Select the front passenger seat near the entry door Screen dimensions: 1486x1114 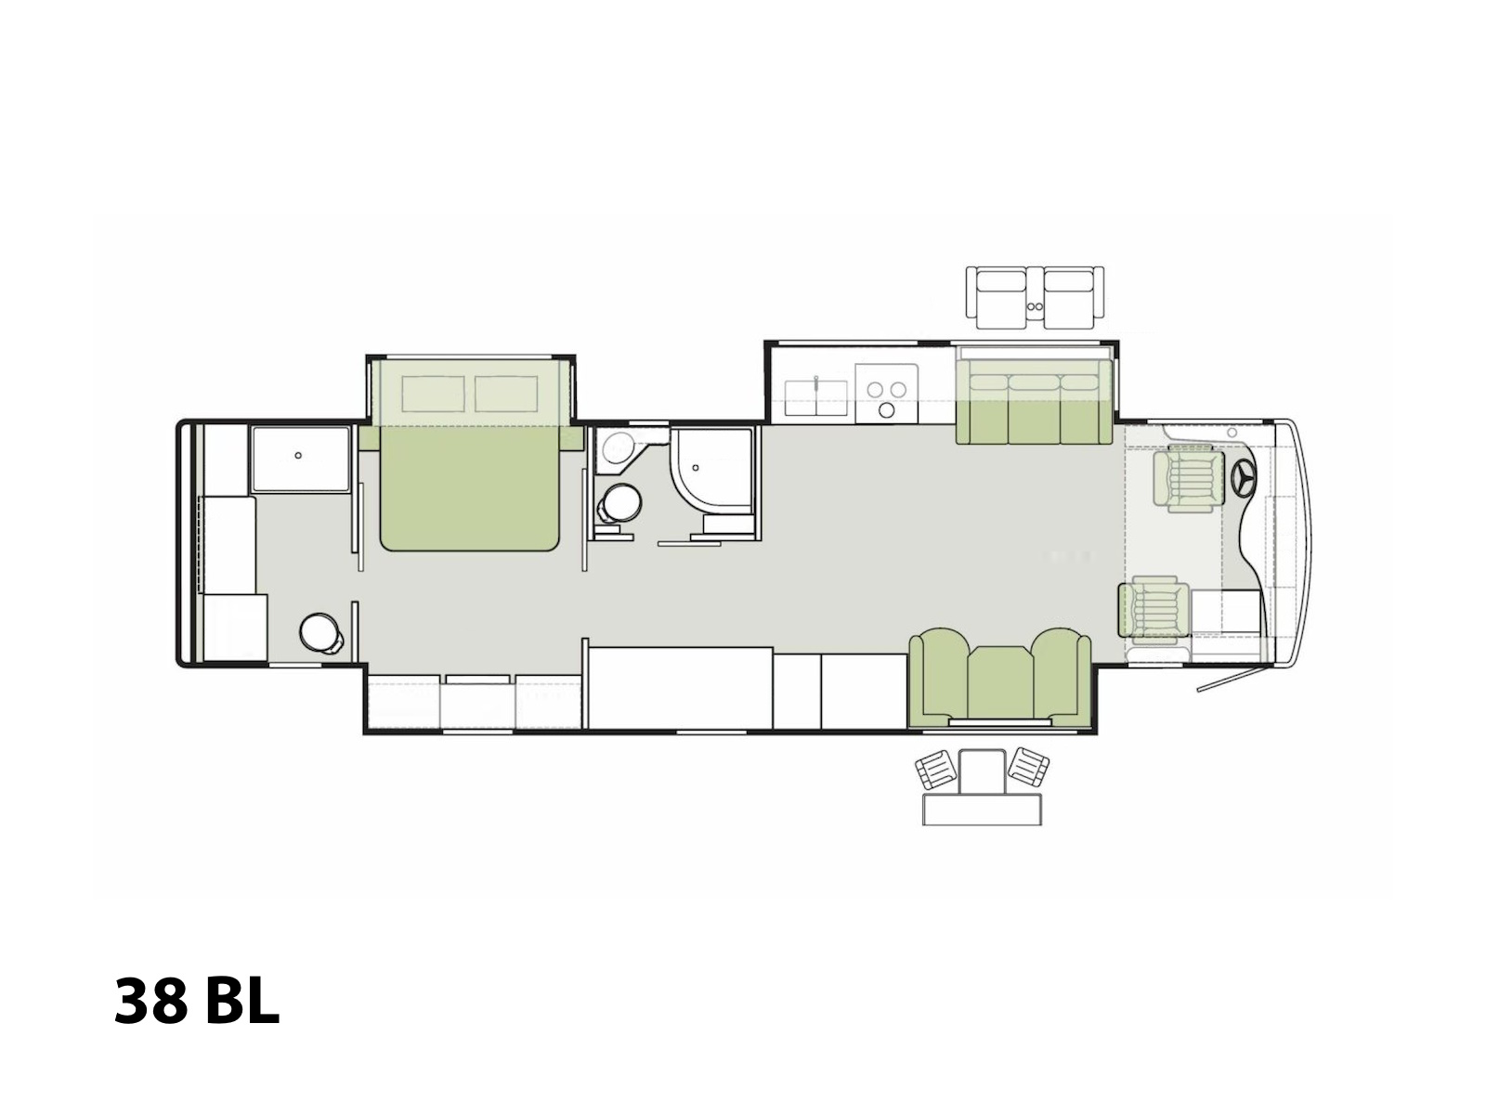[x=1154, y=608]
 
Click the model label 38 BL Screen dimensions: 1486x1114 [x=196, y=1002]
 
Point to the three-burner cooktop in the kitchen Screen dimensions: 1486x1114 [x=886, y=394]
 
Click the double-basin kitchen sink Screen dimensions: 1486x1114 [x=815, y=397]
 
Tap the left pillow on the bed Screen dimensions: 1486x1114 [x=433, y=394]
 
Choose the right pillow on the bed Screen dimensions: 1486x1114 [x=506, y=394]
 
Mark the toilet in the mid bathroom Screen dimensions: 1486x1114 [x=619, y=504]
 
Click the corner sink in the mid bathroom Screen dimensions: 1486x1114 [x=617, y=449]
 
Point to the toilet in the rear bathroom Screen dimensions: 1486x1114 [x=321, y=633]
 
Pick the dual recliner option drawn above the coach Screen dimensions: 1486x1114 [x=1034, y=298]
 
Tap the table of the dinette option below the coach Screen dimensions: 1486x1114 [x=982, y=810]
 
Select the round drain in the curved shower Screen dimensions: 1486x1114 [x=696, y=467]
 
